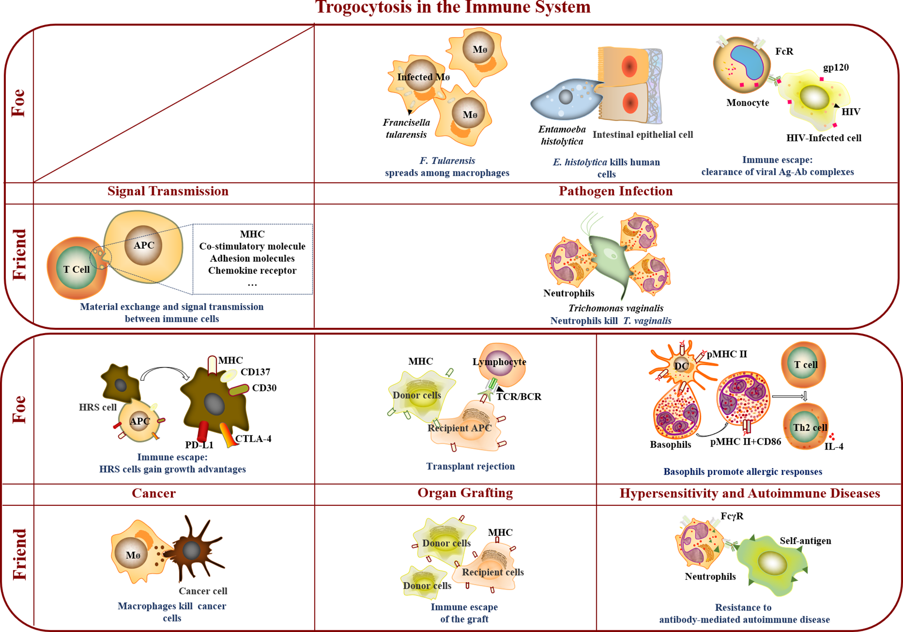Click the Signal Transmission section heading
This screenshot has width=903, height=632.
click(x=168, y=191)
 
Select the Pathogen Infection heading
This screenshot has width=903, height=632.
click(x=615, y=191)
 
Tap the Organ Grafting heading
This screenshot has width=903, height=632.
click(x=465, y=493)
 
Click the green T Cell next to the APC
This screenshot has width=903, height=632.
click(x=76, y=269)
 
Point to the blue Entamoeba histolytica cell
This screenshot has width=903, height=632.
click(x=564, y=100)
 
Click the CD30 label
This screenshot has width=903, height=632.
click(x=264, y=388)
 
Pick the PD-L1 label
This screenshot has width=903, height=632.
click(x=199, y=445)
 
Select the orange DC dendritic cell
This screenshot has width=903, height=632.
click(x=680, y=366)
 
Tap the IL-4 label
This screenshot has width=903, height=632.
click(x=834, y=446)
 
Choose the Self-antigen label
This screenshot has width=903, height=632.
click(x=805, y=541)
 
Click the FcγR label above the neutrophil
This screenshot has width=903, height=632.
click(x=732, y=516)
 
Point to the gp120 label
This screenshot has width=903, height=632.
click(x=836, y=68)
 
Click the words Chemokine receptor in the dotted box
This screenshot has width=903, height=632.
click(x=252, y=270)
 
